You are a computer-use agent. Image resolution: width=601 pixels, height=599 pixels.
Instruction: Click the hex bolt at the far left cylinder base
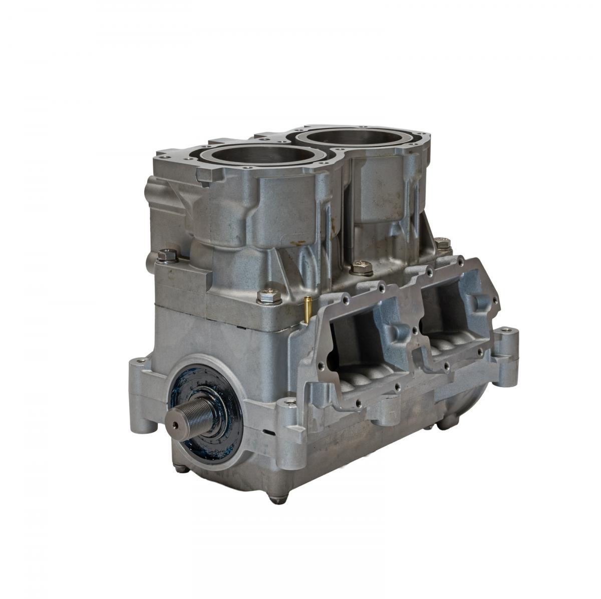(167, 256)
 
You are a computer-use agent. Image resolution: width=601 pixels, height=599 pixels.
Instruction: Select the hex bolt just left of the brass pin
(269, 295)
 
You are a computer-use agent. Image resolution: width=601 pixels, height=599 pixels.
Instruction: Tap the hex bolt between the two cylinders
(361, 267)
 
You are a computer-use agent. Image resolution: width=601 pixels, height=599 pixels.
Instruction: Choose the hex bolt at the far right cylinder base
(442, 243)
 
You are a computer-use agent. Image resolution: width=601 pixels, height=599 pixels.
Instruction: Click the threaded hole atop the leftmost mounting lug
(141, 360)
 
